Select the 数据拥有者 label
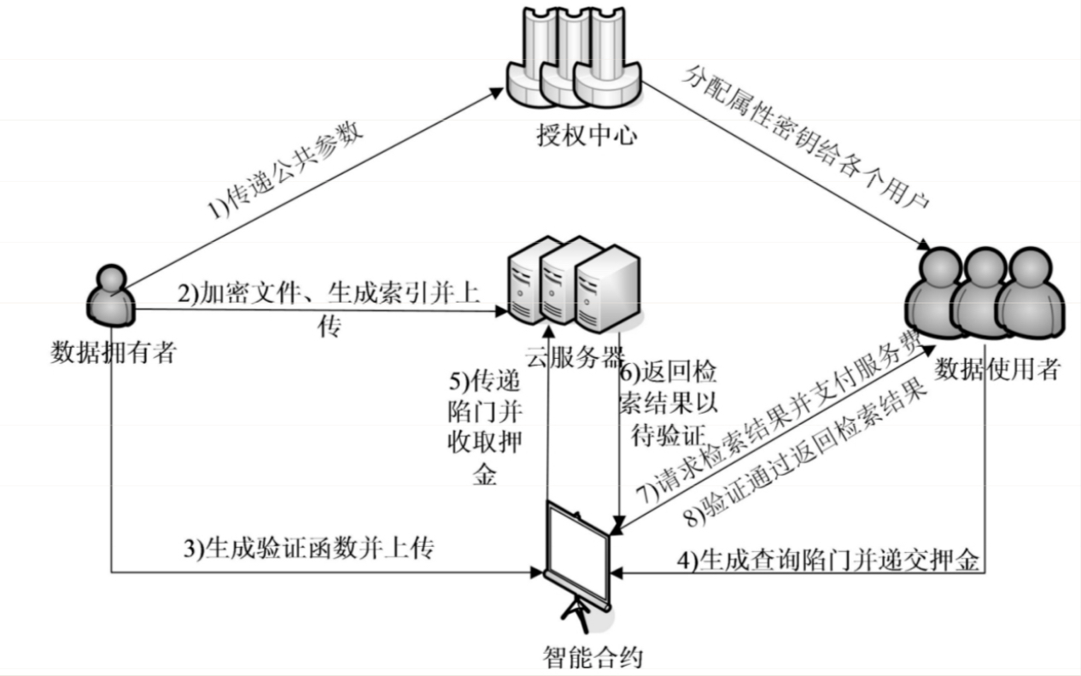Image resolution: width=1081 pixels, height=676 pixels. (x=113, y=351)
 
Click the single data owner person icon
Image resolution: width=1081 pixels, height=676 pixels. (x=112, y=296)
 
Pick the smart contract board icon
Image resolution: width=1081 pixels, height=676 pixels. (x=579, y=560)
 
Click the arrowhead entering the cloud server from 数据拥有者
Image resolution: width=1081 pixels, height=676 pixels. (x=500, y=309)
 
